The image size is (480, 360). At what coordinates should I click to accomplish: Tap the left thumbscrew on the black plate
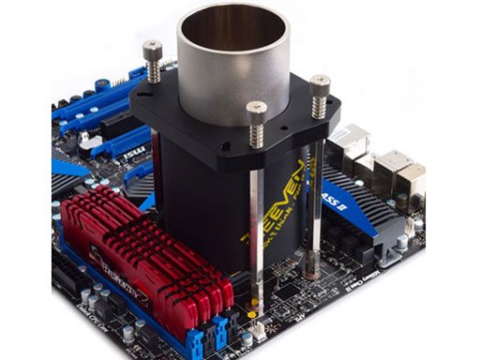[x=152, y=52]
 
